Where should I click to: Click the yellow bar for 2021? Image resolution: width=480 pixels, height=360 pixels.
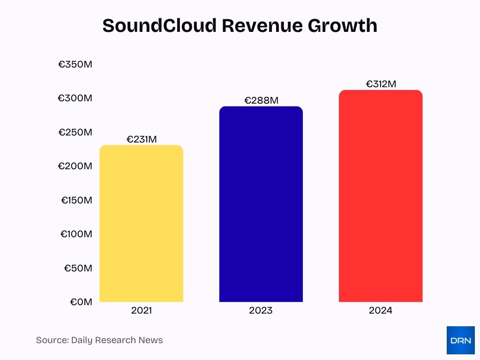pos(141,224)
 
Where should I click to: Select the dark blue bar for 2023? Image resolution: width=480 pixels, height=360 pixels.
pos(261,204)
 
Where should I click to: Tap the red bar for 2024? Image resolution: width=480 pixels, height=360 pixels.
pos(380,196)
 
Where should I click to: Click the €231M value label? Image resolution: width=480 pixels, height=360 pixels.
pos(142,139)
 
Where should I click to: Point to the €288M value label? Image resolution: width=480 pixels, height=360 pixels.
pos(261,100)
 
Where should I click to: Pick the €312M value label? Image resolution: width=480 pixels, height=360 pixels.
pos(381,84)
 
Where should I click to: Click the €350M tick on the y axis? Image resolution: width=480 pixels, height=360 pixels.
pos(75,64)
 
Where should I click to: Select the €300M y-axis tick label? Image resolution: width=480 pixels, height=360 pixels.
pos(75,98)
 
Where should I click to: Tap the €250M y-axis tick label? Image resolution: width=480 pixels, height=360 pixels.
pos(75,132)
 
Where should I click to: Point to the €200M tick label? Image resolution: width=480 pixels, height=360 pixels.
pos(75,166)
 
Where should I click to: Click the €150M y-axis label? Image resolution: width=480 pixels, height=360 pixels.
pos(76,200)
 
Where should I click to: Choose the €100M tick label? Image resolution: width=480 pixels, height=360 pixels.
pos(76,234)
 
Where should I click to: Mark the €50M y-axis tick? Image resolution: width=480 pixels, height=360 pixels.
pos(78,268)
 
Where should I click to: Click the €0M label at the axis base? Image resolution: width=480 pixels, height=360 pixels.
pos(81,302)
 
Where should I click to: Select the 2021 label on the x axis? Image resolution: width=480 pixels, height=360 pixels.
pos(142,310)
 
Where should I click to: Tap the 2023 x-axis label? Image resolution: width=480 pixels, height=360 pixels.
pos(261,310)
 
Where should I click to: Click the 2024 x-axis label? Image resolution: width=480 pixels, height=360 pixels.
pos(380,310)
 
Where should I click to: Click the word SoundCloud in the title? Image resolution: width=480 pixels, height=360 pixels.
pos(159,26)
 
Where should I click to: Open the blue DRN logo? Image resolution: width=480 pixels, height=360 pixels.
pos(460,340)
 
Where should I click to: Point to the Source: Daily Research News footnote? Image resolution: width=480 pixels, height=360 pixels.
pos(99,340)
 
